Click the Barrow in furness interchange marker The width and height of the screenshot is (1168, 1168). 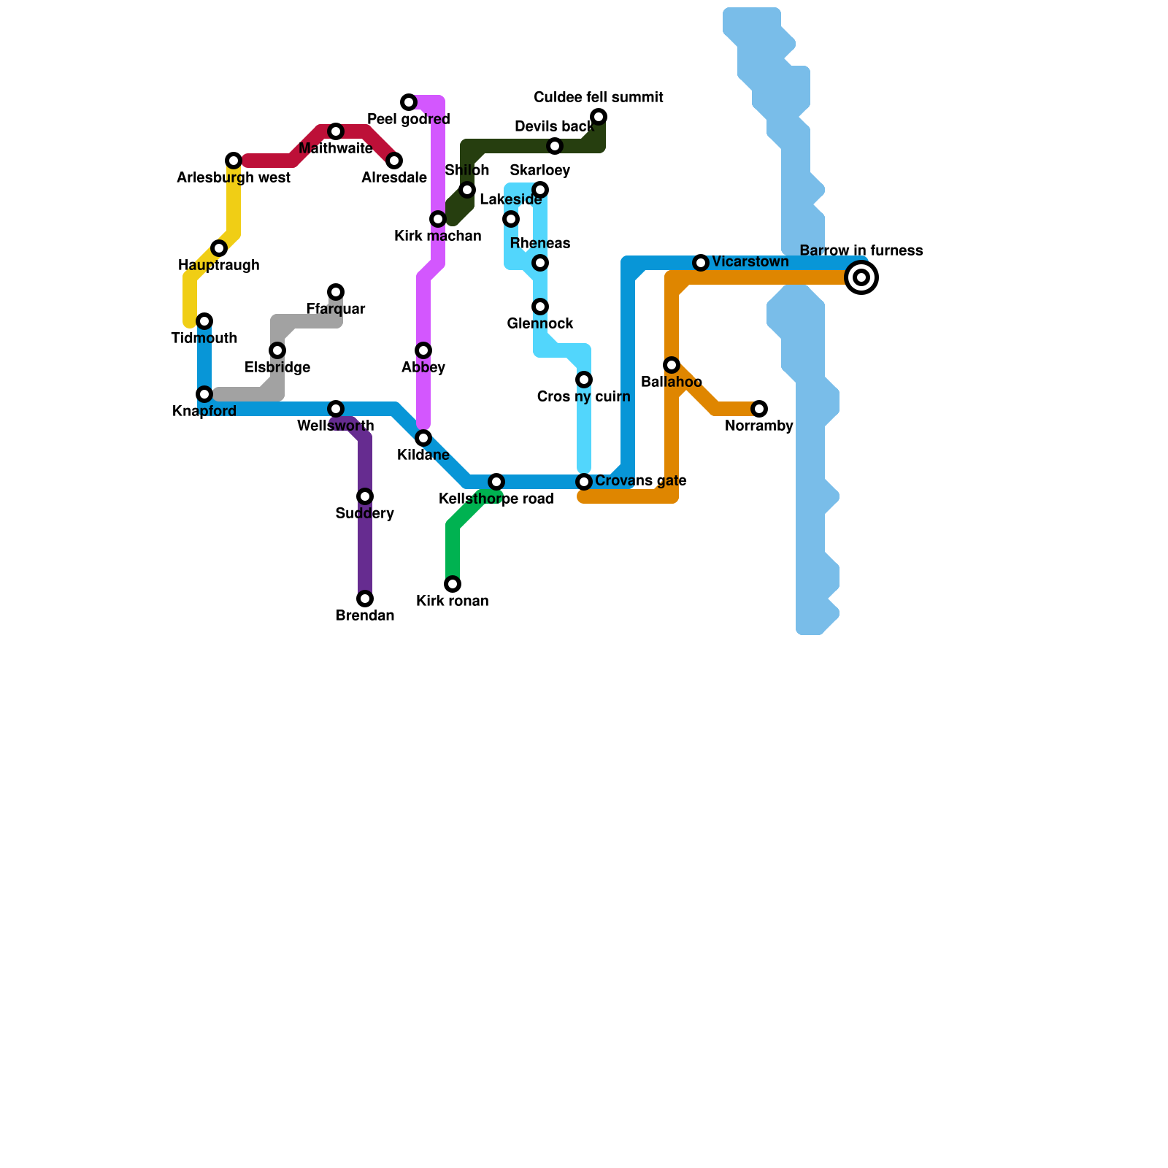(861, 277)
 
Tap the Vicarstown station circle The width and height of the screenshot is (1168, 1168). (701, 263)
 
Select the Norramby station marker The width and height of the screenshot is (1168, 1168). (759, 409)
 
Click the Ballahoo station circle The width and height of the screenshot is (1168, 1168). (672, 365)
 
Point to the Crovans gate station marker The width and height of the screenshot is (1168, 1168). (584, 482)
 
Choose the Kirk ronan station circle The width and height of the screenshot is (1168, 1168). (453, 584)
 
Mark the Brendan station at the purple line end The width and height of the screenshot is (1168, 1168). (365, 599)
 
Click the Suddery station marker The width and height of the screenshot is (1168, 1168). (365, 496)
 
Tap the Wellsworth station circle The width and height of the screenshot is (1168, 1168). (336, 409)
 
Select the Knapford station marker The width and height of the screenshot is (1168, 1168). (204, 394)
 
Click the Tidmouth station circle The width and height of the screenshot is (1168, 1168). (204, 321)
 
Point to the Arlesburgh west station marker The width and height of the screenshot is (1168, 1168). (234, 161)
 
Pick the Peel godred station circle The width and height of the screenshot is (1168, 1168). (409, 102)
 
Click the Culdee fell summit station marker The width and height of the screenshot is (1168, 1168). (599, 117)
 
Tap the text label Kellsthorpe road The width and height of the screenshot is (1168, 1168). (496, 499)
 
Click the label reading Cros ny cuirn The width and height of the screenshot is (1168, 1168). (583, 397)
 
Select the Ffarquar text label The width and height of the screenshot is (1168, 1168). (336, 310)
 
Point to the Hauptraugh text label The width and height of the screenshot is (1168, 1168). (219, 266)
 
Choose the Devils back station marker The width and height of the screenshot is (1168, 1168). (555, 146)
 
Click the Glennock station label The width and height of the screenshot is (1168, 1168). (540, 324)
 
